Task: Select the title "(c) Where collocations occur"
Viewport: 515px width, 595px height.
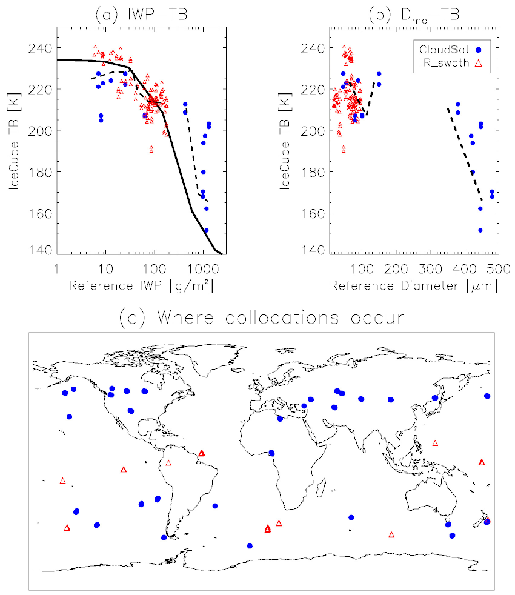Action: pyautogui.click(x=261, y=316)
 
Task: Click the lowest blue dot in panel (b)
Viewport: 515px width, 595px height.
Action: pyautogui.click(x=480, y=230)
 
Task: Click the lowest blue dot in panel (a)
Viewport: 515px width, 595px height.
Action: pyautogui.click(x=206, y=230)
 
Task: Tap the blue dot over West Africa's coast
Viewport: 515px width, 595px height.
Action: pyautogui.click(x=272, y=453)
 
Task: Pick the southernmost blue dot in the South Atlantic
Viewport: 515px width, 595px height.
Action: pyautogui.click(x=250, y=546)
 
